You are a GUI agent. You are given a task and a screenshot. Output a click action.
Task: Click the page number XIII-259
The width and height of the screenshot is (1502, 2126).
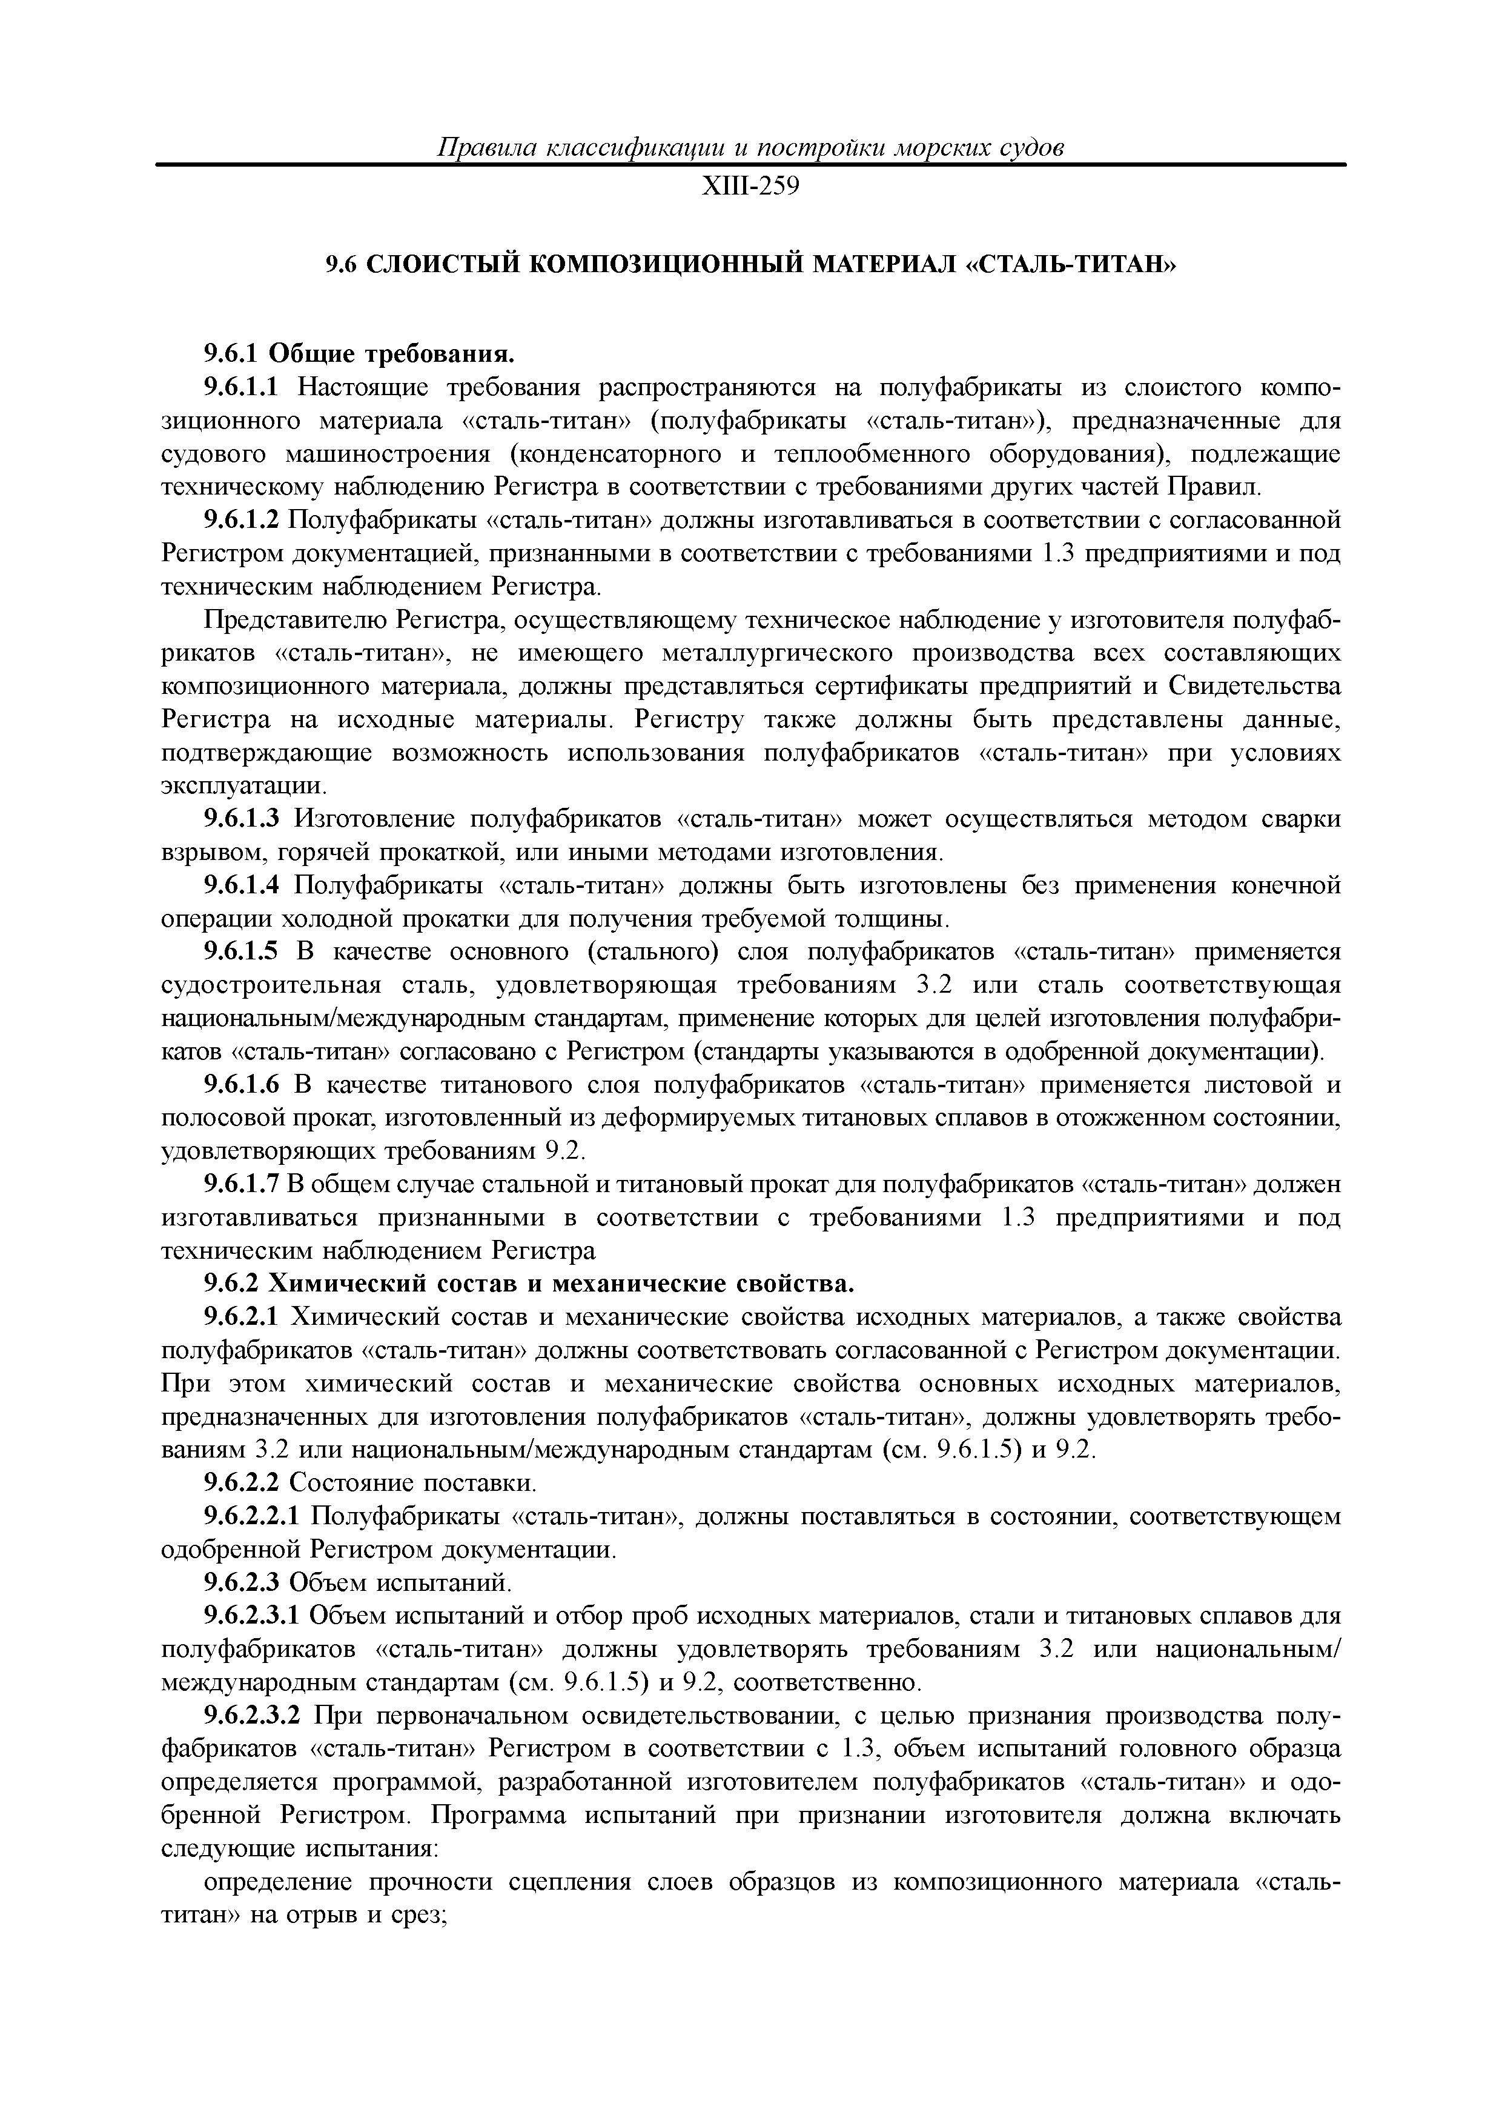click(x=750, y=187)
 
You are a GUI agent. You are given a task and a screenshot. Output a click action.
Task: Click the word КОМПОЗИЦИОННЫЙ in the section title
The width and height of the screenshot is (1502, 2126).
click(x=666, y=265)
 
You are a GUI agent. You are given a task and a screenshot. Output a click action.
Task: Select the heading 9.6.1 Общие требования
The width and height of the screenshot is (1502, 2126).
click(x=358, y=354)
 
